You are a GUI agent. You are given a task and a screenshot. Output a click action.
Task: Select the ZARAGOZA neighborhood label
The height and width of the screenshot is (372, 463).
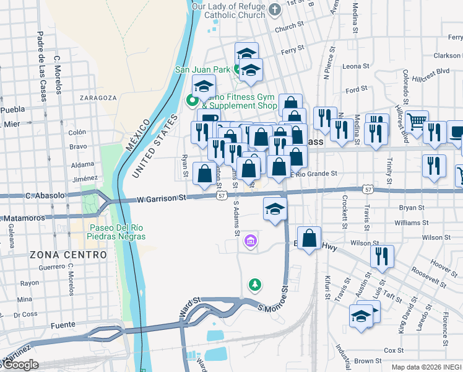click(x=98, y=98)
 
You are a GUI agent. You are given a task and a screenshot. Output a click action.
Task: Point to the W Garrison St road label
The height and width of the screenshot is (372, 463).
click(x=162, y=198)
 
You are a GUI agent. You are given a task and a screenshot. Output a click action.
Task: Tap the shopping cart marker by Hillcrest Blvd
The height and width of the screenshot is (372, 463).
click(x=417, y=121)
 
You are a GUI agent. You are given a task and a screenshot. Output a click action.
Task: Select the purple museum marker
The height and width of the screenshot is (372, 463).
click(x=251, y=240)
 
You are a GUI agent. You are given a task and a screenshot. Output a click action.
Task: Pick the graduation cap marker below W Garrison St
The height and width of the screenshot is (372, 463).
click(x=275, y=208)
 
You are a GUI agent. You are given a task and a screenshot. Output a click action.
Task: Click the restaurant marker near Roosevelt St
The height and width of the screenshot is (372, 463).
click(x=382, y=254)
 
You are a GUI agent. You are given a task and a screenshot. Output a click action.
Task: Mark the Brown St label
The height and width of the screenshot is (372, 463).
click(x=368, y=361)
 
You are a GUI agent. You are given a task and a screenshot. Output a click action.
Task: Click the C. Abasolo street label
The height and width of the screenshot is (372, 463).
click(x=45, y=195)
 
